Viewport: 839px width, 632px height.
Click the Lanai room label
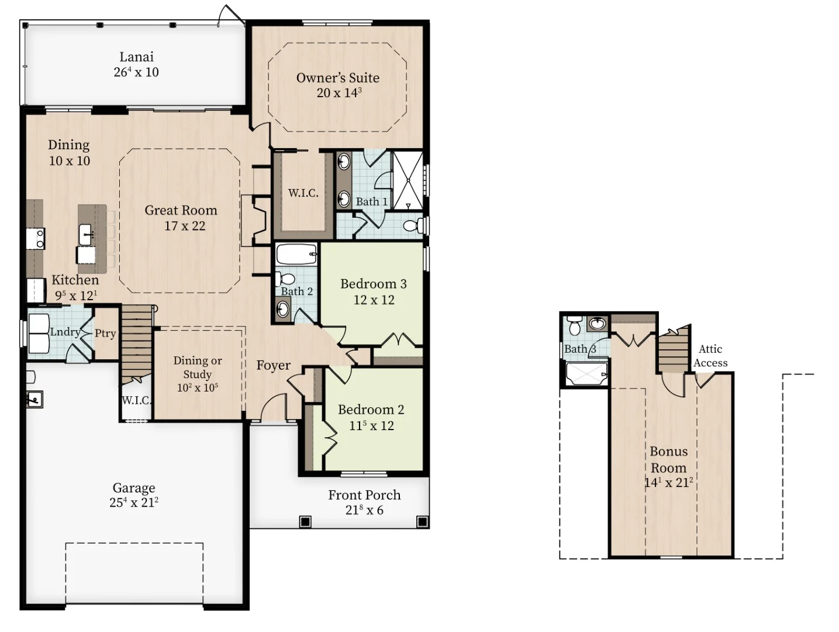click(136, 57)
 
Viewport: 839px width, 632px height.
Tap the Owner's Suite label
click(337, 78)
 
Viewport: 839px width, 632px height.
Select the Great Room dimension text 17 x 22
click(185, 226)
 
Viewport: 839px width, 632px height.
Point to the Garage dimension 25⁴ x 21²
click(134, 502)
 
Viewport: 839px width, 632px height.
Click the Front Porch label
click(364, 495)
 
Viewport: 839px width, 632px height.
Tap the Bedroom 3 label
click(374, 284)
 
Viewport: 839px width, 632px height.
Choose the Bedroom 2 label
click(371, 410)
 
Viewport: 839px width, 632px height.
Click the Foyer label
click(273, 365)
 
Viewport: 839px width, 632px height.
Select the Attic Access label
click(710, 356)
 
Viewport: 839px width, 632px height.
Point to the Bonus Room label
click(668, 459)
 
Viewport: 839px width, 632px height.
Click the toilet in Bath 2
click(284, 278)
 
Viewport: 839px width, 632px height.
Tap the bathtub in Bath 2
click(296, 254)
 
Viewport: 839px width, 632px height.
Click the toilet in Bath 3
click(574, 325)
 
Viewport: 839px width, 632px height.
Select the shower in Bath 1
click(408, 181)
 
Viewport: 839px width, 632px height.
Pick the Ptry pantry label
click(105, 333)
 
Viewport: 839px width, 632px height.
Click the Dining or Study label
click(198, 367)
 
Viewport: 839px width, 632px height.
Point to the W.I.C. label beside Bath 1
click(303, 193)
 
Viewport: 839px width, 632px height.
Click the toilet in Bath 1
click(413, 225)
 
